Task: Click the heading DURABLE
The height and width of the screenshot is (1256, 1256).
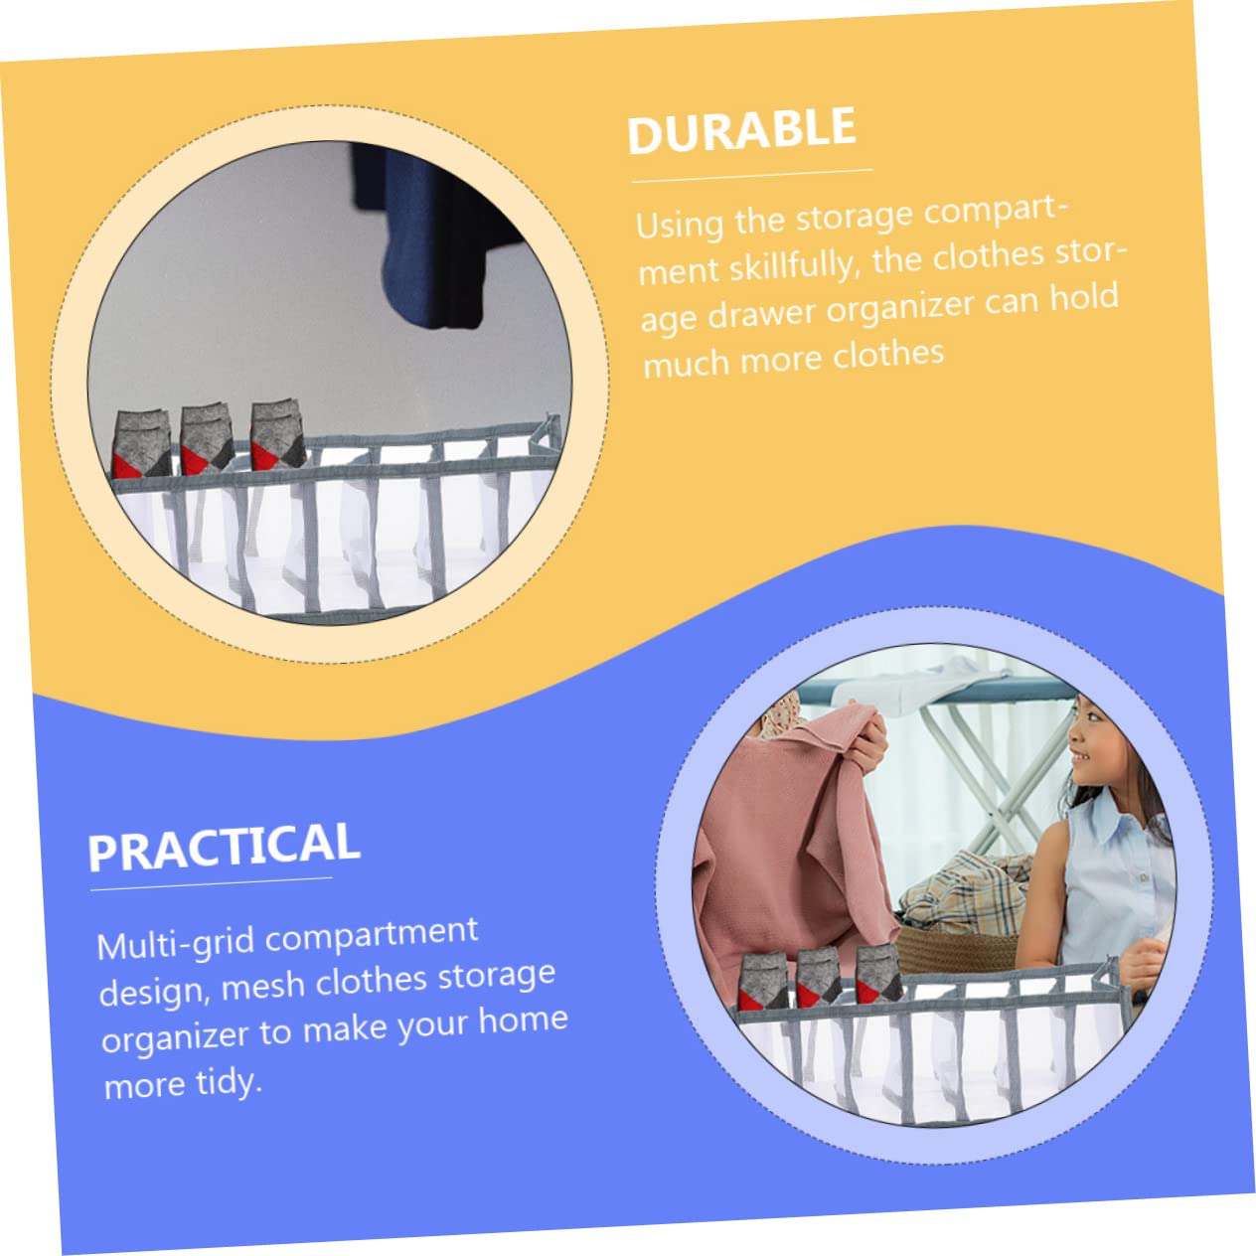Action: (x=741, y=131)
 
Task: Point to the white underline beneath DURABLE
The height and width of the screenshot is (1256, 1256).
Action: (x=751, y=175)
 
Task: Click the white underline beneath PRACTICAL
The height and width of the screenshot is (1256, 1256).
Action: (x=212, y=883)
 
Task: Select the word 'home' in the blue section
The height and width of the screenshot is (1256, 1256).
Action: (x=524, y=1020)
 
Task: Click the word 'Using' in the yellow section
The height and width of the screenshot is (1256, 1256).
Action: (x=679, y=225)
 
